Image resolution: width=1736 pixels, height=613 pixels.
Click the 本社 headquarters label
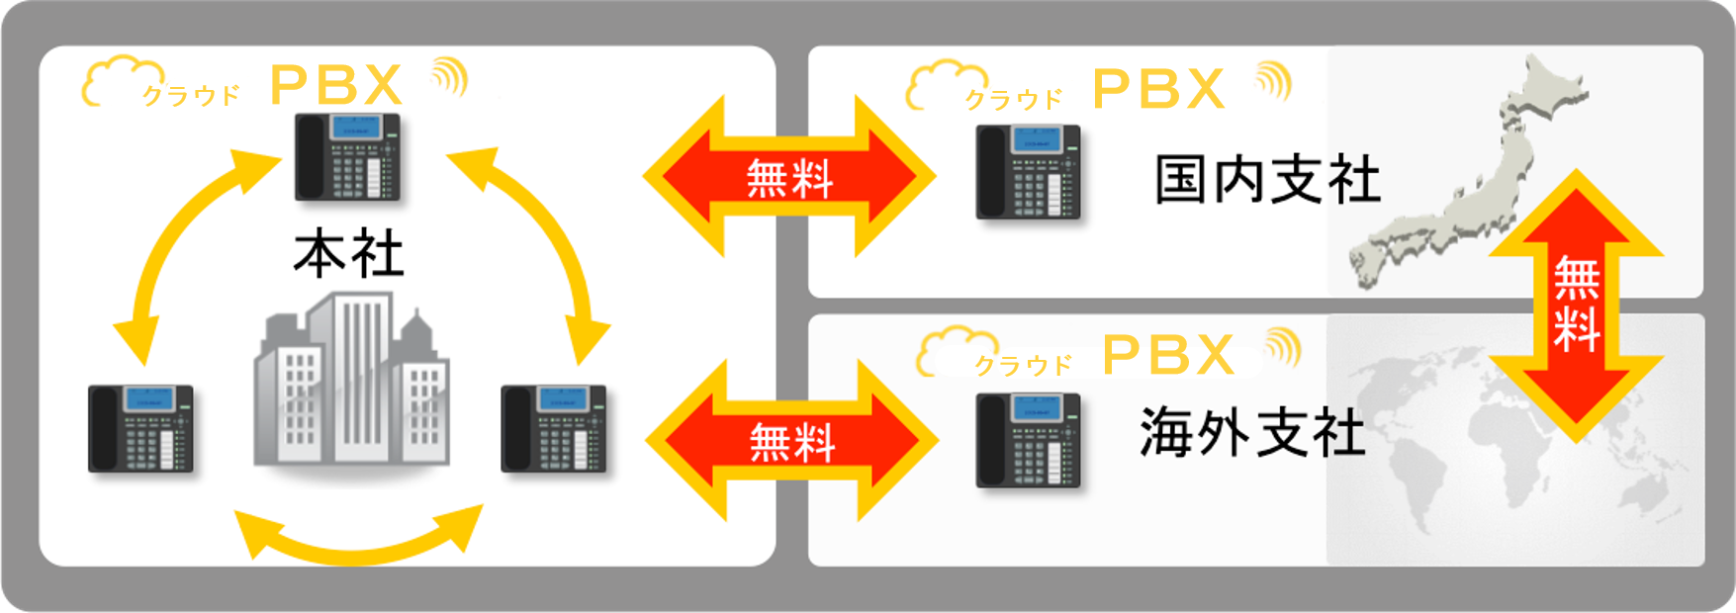click(x=348, y=255)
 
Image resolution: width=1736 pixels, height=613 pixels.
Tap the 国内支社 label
click(x=1267, y=181)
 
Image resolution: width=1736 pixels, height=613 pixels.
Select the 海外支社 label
click(x=1252, y=433)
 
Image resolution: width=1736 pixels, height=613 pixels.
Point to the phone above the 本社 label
click(x=347, y=156)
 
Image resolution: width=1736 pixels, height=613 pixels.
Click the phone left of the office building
click(x=140, y=427)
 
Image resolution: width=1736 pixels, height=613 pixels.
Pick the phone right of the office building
click(x=553, y=427)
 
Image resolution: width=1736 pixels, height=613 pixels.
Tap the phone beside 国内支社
click(x=1028, y=171)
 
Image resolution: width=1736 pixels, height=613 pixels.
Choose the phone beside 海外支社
click(x=1028, y=439)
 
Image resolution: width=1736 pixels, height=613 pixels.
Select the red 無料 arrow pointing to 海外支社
click(x=791, y=441)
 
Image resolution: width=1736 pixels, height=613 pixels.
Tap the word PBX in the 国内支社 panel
click(x=1159, y=89)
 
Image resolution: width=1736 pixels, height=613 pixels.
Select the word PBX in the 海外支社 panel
click(x=1168, y=355)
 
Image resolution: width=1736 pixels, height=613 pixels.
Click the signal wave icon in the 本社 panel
click(x=449, y=77)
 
